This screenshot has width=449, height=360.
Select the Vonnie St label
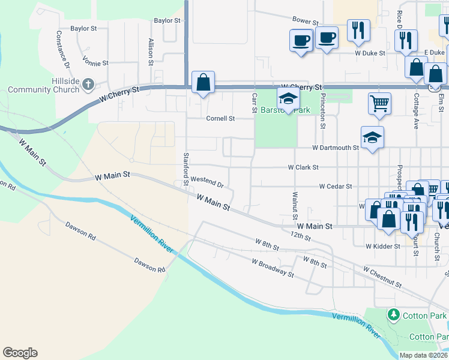pos(95,62)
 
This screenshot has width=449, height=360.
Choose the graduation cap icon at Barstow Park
pos(288,100)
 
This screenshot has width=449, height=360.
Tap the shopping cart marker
pos(379,103)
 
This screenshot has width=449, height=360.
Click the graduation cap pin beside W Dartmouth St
pos(372,137)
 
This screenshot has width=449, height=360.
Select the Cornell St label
pos(220,118)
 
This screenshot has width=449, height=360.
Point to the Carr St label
pos(254,102)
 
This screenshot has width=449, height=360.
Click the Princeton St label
pos(322,111)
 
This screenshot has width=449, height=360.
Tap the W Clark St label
pos(307,167)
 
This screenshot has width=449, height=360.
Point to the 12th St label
pos(300,237)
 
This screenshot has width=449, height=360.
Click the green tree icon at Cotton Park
pos(394,314)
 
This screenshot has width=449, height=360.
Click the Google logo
pos(20,353)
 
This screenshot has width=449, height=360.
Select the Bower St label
pos(304,20)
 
